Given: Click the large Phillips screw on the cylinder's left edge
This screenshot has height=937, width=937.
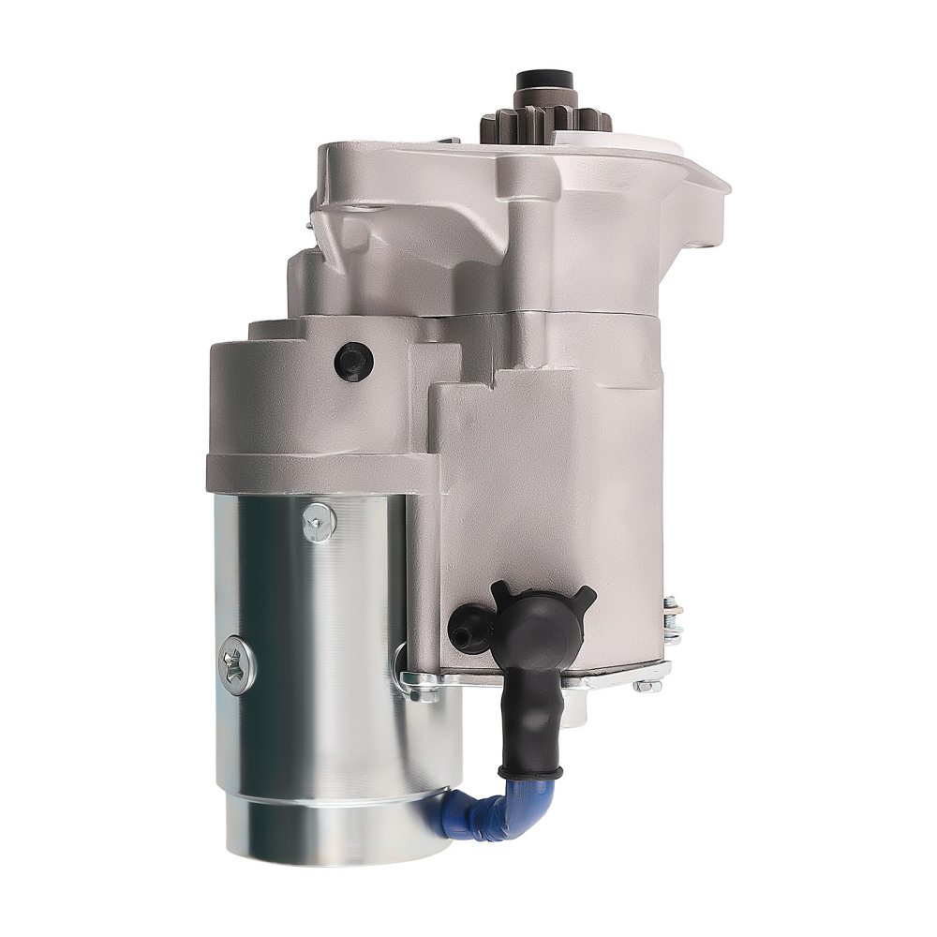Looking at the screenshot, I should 235,664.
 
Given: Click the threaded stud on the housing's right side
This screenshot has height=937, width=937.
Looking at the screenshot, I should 671,615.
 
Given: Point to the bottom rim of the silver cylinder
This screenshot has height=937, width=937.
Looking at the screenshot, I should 338,848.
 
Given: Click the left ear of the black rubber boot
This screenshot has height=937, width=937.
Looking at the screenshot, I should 499,591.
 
